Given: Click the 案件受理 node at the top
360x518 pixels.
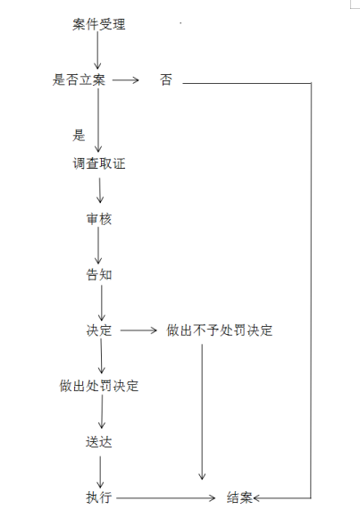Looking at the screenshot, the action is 99,24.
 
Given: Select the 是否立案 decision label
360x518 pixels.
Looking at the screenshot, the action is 79,79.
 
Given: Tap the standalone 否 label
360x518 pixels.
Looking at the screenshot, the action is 166,79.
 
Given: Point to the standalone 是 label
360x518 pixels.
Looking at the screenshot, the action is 79,135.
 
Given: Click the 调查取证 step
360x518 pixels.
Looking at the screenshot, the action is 99,163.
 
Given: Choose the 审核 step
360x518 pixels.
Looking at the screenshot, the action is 99,219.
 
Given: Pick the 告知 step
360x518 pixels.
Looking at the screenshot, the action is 99,274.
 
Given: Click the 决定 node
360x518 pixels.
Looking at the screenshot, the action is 99,330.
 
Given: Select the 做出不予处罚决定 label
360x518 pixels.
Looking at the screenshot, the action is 219,330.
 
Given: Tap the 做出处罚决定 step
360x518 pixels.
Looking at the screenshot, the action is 99,386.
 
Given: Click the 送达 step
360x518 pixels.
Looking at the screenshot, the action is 99,442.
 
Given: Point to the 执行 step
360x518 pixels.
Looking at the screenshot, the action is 99,497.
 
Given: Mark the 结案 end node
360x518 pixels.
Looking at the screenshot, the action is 239,497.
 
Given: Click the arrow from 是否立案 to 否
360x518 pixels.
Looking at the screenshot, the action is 125,79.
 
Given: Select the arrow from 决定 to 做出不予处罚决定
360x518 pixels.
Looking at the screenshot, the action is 138,330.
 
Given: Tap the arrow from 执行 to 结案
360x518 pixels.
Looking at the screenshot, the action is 166,497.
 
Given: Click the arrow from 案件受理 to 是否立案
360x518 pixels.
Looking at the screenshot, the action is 97,50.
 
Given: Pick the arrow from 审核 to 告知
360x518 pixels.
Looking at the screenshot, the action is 98,246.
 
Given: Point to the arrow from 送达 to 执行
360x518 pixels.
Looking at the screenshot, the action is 100,472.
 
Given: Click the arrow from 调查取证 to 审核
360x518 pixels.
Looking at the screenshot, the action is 100,190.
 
